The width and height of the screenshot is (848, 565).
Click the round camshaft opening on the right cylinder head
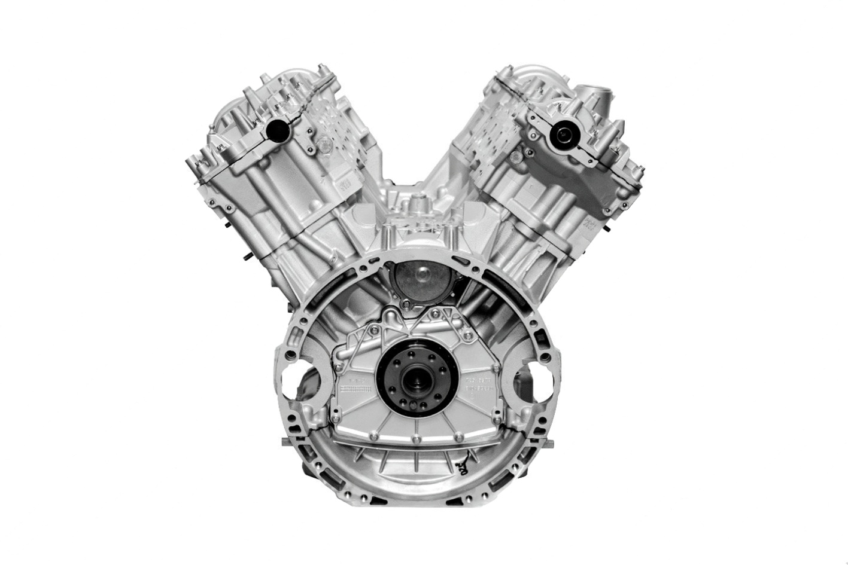click(563, 135)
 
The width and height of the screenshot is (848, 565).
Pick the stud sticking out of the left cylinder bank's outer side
click(245, 258)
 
